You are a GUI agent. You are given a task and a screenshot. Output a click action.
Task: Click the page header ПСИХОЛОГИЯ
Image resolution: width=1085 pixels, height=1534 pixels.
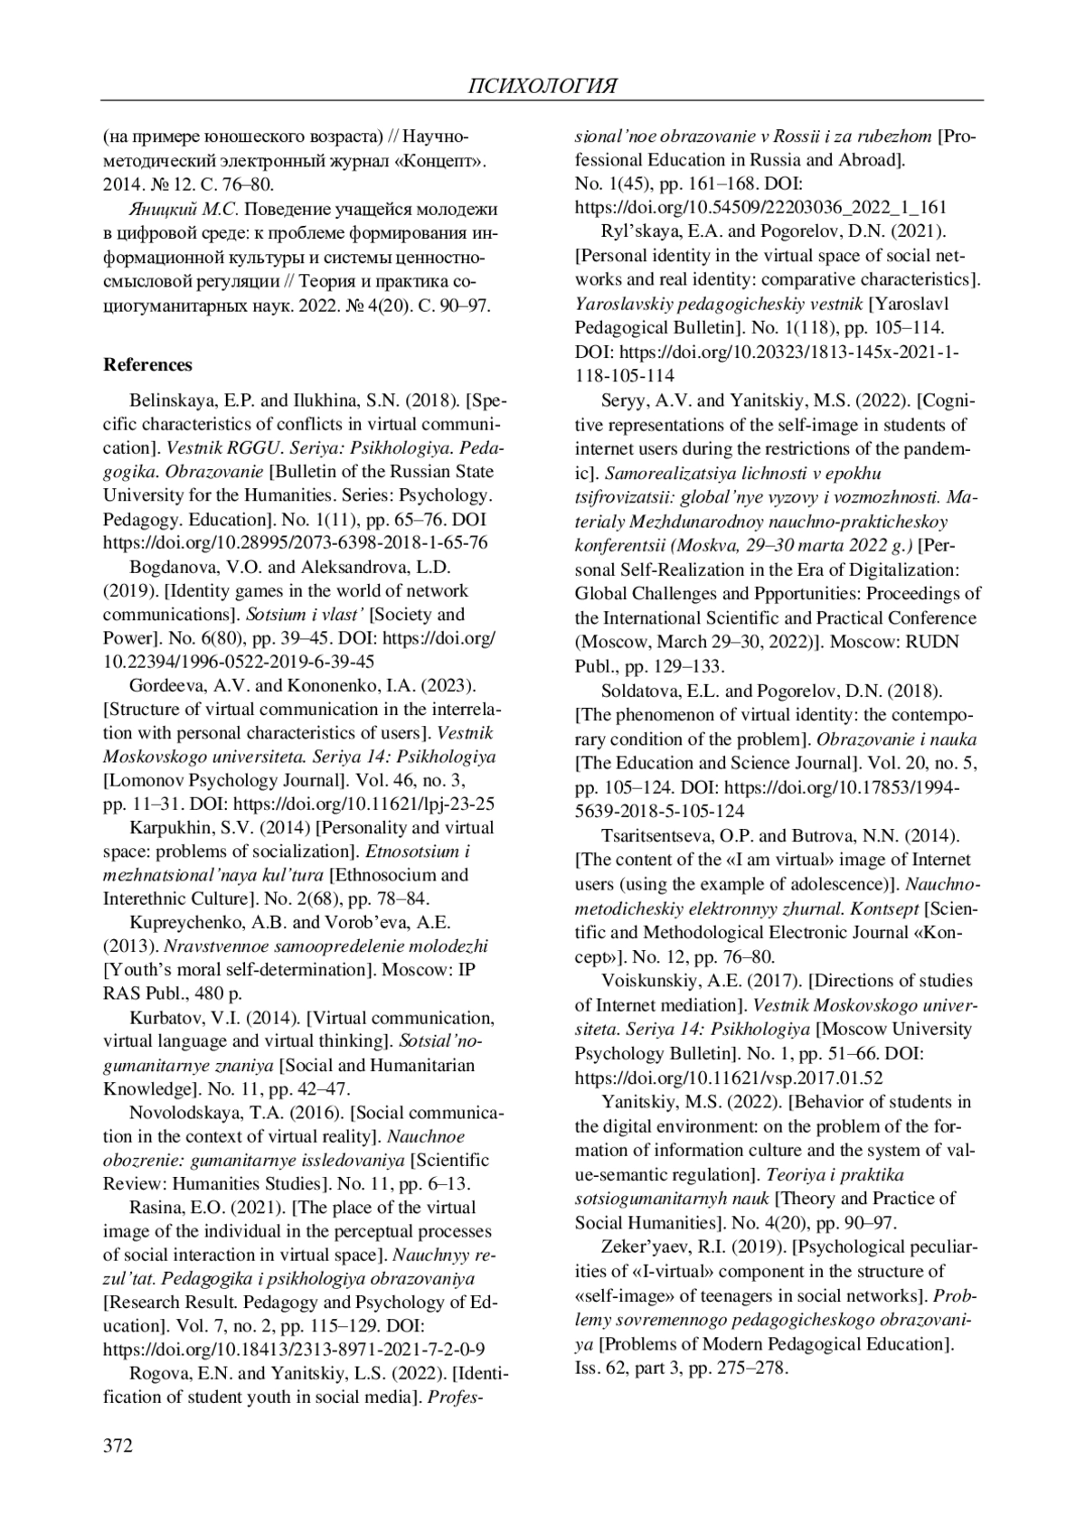542,87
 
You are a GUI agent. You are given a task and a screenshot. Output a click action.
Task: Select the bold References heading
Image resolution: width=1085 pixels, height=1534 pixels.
147,364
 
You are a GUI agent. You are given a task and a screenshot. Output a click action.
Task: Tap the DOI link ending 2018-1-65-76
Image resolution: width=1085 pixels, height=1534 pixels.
296,542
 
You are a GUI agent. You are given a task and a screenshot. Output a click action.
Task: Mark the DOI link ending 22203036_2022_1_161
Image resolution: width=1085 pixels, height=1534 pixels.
760,207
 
